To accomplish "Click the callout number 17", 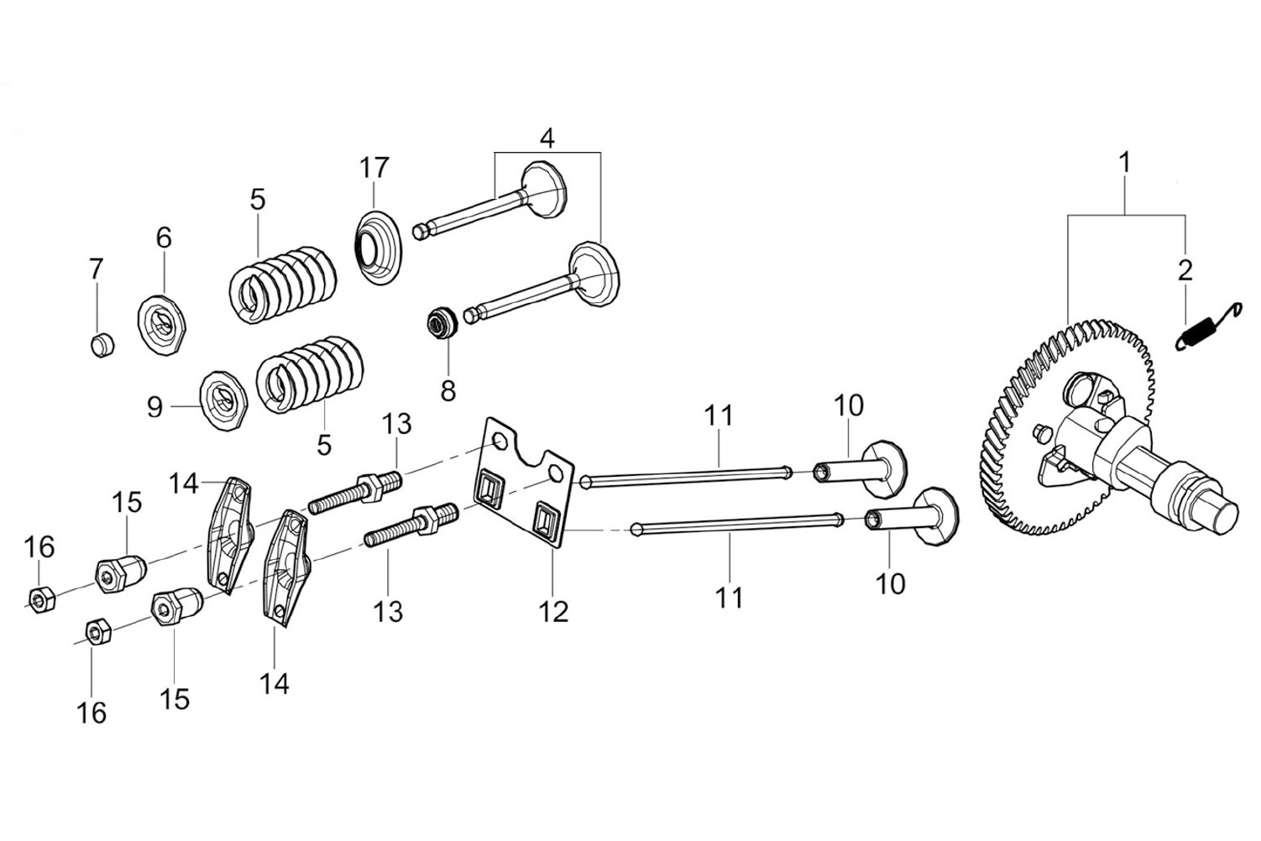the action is coord(374,168).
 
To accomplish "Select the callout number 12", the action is coord(554,611).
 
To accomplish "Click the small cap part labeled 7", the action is coord(102,344).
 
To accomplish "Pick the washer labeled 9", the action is coord(224,401).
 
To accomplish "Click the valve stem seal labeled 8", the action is coord(442,323).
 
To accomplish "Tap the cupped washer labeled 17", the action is coord(379,248).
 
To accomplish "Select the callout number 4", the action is coord(547,138).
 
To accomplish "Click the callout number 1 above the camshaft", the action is coord(1125,163).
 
